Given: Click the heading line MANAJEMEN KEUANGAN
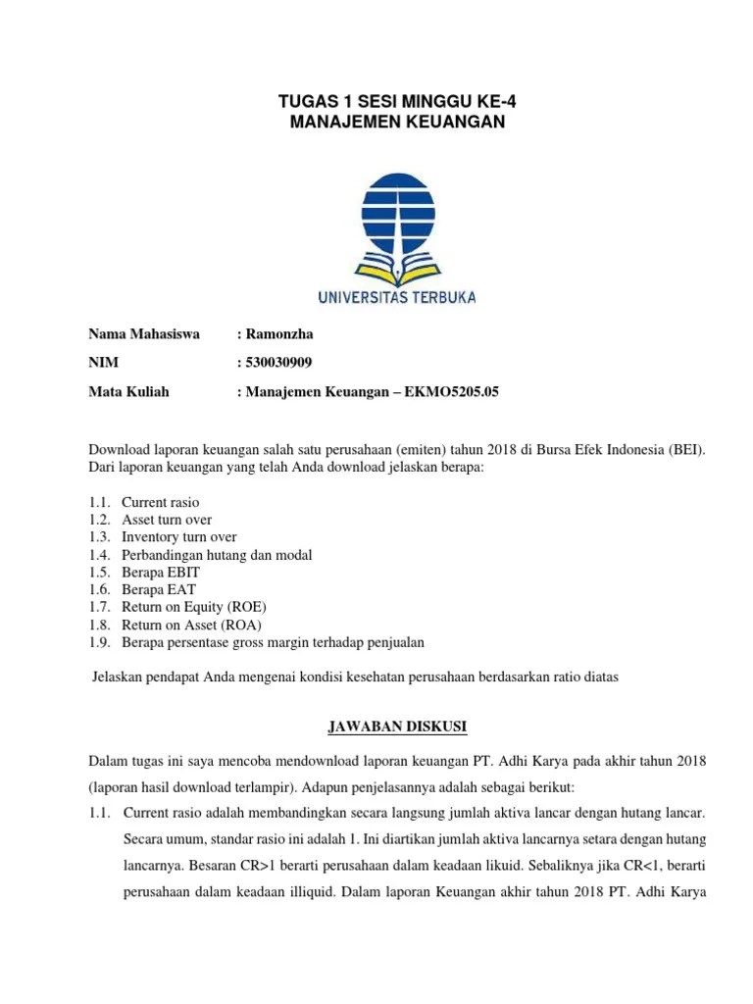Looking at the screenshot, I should click(398, 121).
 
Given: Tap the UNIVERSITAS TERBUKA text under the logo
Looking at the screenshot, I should click(397, 295).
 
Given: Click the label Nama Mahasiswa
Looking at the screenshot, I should click(144, 334).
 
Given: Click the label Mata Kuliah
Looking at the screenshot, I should click(129, 392).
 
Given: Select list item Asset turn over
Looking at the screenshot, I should click(166, 520).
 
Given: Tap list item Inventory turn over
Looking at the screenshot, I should click(178, 537).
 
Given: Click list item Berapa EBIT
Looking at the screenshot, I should click(158, 573).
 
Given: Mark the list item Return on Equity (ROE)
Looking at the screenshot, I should click(193, 608).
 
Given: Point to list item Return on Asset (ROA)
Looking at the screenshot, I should click(191, 626).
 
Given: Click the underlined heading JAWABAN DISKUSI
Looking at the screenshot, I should click(397, 727).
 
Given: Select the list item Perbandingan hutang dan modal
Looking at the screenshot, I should click(216, 555).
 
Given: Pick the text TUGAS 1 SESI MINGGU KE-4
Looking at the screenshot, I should click(398, 100).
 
